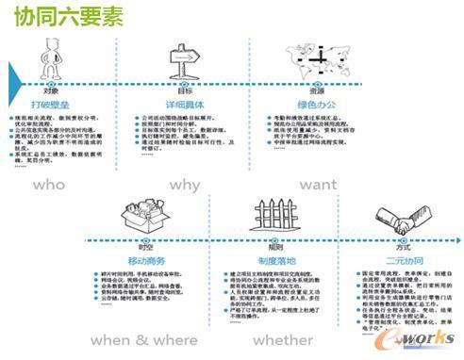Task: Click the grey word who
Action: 49,185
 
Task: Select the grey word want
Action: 318,185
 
